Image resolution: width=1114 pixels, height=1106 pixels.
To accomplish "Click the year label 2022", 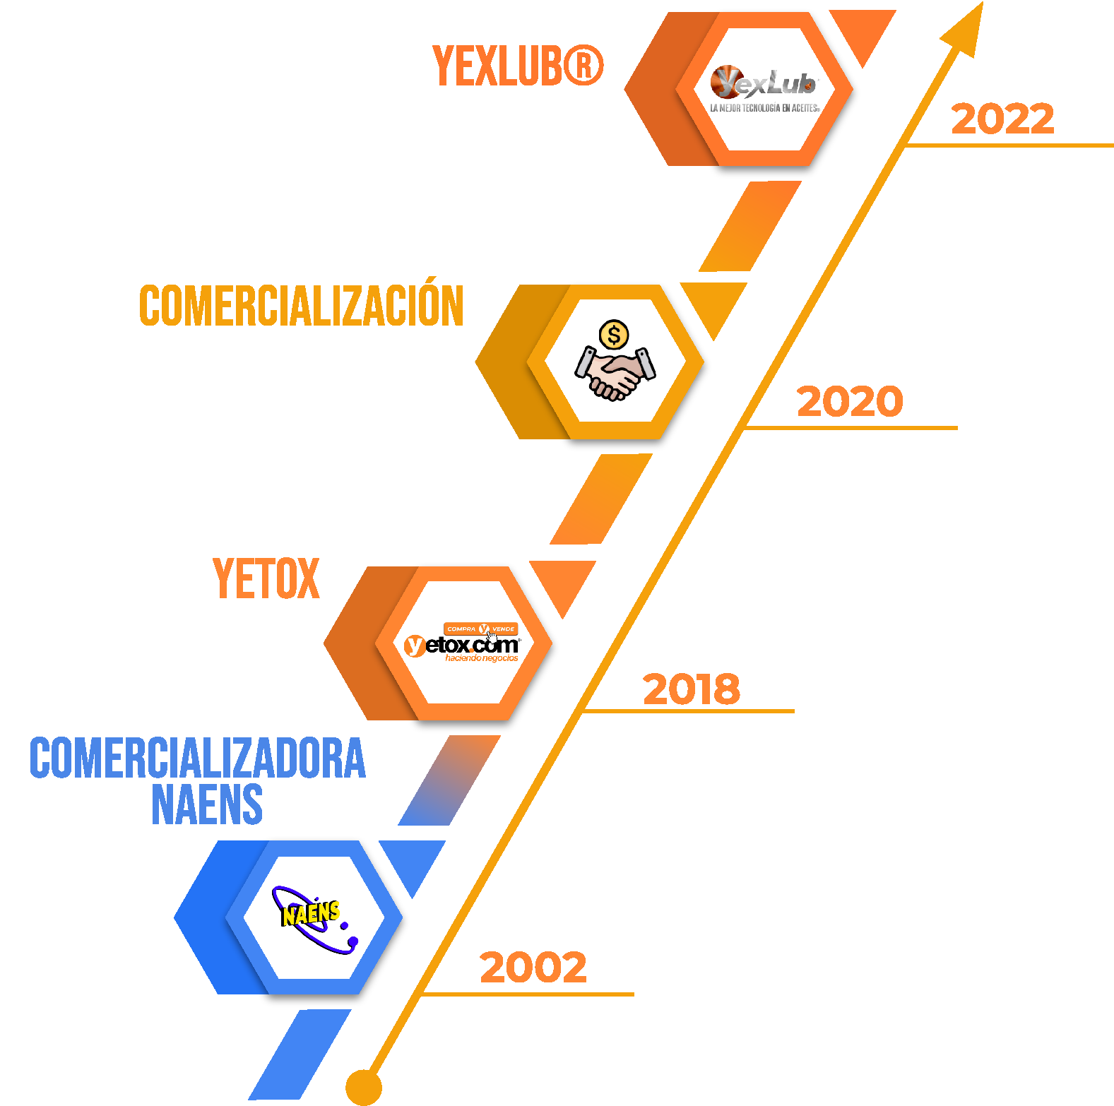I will point(1002,119).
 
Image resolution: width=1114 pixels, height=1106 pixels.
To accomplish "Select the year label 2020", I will point(850,401).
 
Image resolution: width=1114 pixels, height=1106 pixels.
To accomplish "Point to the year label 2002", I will point(533,967).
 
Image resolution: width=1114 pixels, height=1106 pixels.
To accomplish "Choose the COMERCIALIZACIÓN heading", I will point(302,306).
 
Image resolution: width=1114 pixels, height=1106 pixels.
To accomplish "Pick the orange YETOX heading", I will point(266,579).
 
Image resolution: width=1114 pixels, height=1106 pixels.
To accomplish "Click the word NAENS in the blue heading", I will point(207,804).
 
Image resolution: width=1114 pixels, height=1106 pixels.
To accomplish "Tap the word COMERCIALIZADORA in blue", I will point(198,759).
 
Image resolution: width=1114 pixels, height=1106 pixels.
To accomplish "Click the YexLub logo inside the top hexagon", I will point(764,83).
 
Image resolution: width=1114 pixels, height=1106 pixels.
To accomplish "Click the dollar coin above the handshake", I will point(614,335).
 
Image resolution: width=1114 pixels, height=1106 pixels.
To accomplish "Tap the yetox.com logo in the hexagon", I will point(462,645).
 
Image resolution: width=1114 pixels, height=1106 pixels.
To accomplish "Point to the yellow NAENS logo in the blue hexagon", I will point(311,914).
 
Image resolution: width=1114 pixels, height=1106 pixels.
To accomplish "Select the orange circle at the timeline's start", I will point(364,1087).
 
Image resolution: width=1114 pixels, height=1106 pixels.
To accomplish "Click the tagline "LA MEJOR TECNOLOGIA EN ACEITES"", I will point(764,108).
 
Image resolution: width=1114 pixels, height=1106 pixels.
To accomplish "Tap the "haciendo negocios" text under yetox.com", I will point(481,658).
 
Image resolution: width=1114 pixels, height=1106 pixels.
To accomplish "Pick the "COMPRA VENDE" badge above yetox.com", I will point(481,629).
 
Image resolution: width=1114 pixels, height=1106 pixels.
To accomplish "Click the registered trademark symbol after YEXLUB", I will point(583,66).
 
